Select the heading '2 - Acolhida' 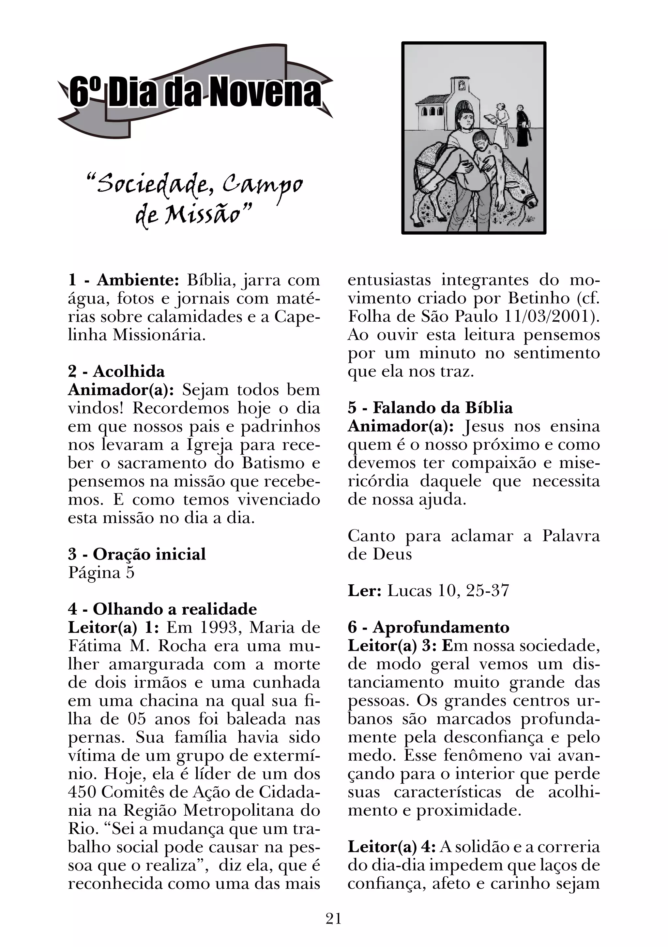click(116, 371)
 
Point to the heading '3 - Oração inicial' click(137, 554)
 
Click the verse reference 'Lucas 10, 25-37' click(448, 590)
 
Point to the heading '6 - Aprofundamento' click(428, 627)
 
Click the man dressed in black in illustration click(523, 126)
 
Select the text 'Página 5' click(101, 573)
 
